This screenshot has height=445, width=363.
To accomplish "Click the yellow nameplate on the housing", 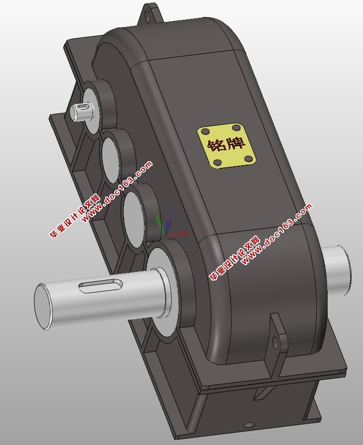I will (227, 146).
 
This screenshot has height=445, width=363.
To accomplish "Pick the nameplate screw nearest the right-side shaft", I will (250, 159).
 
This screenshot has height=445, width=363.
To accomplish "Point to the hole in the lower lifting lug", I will (276, 341).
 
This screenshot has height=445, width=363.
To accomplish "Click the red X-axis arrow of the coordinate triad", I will (182, 234).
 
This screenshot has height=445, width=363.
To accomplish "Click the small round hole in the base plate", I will (252, 424).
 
